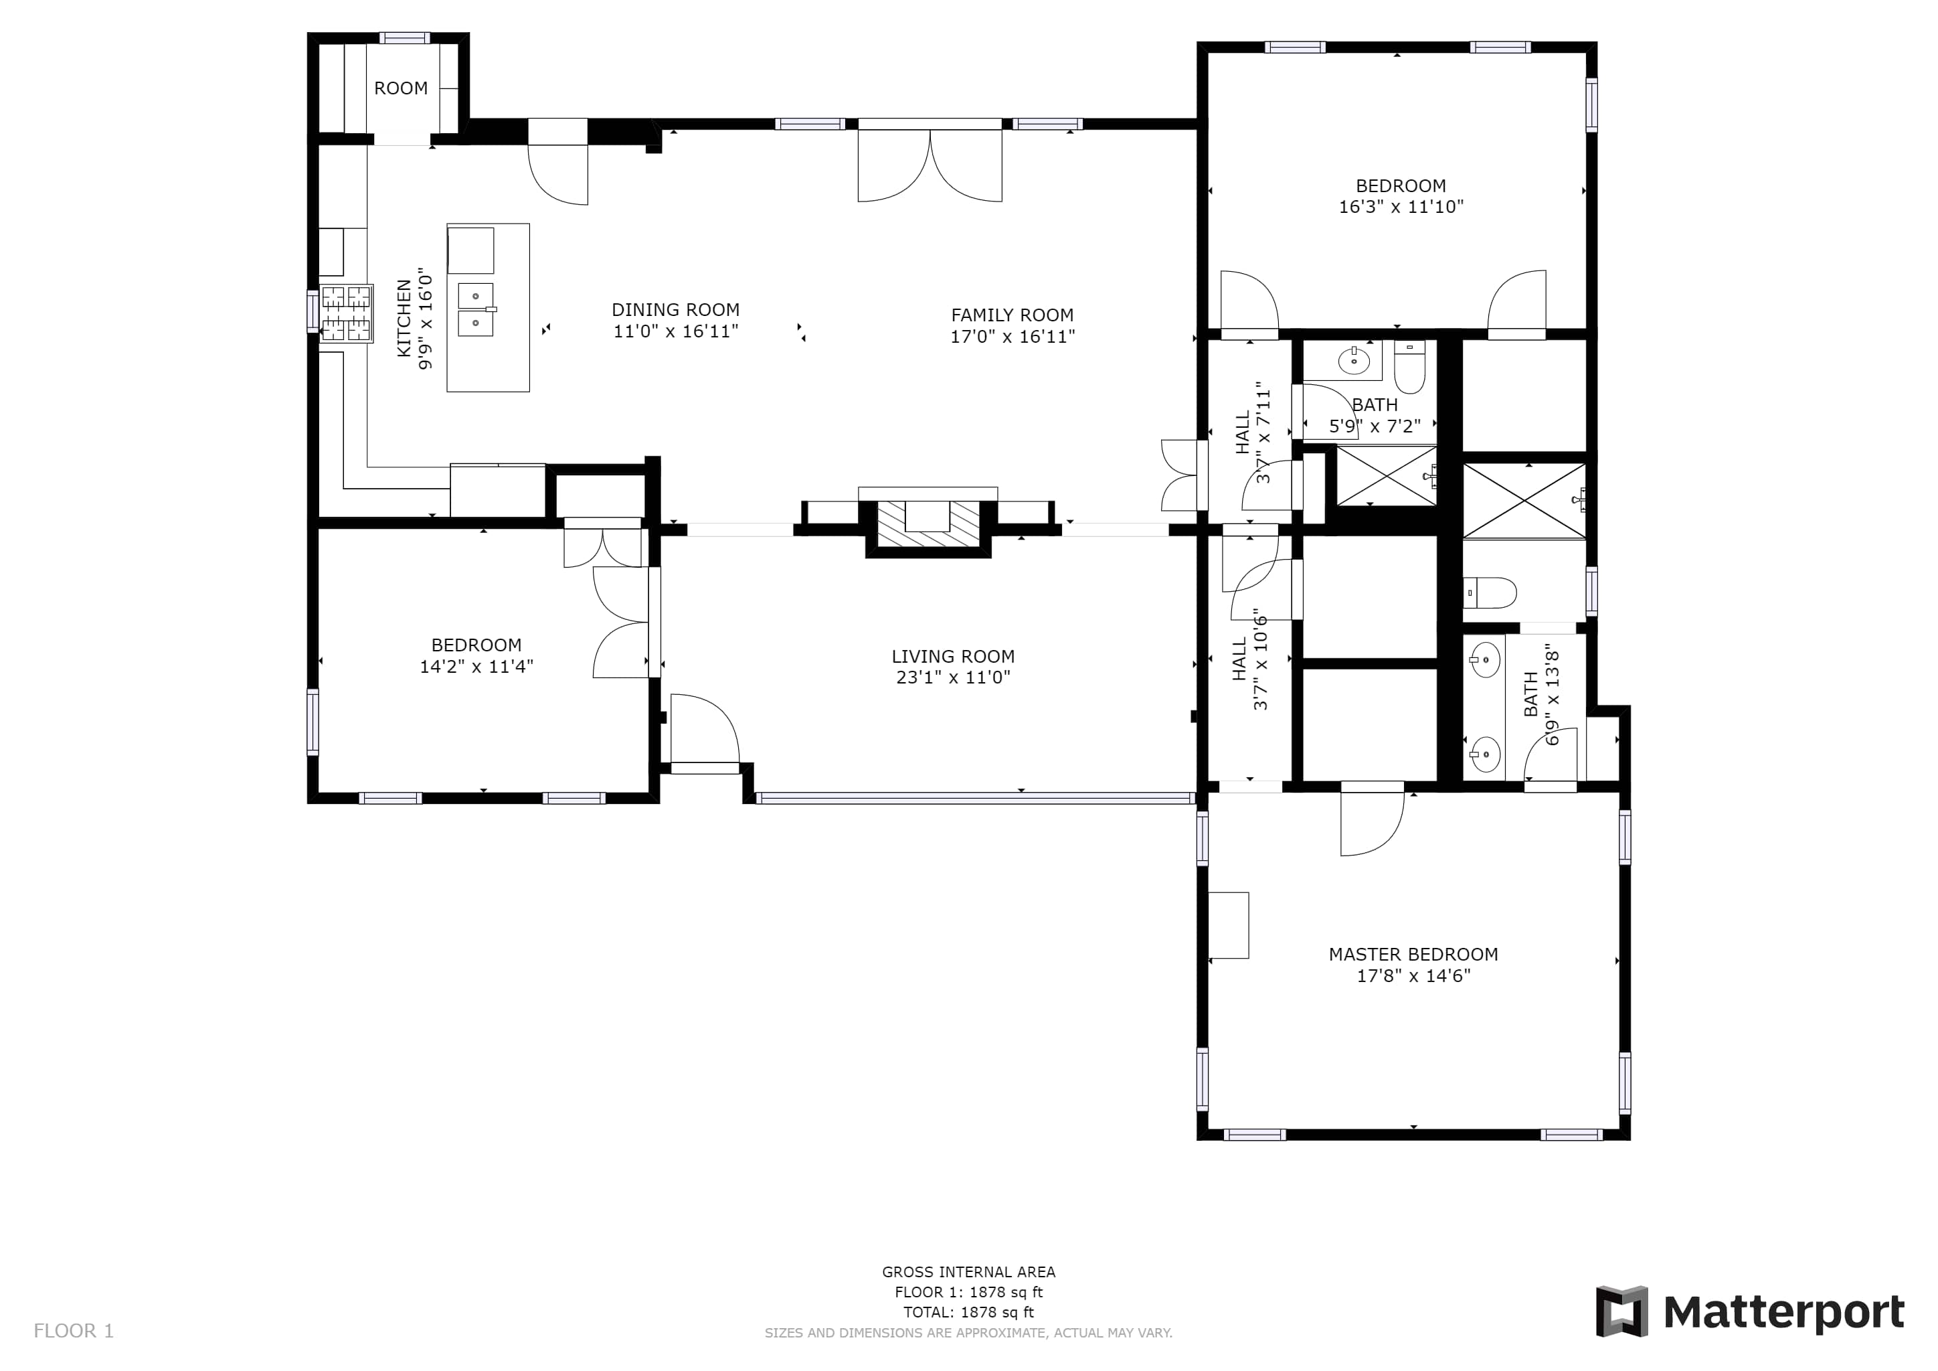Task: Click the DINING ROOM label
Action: [675, 310]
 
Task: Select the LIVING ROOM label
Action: [953, 656]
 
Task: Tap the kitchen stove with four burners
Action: [346, 313]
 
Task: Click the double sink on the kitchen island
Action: [476, 309]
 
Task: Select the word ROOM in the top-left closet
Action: [401, 88]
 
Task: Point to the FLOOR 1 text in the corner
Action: [74, 1332]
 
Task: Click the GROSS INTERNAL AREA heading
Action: [968, 1271]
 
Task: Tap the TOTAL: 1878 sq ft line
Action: [968, 1312]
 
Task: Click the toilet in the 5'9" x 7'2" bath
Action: [1409, 366]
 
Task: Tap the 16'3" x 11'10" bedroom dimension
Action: [1401, 206]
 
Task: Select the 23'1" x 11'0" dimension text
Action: [953, 677]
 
